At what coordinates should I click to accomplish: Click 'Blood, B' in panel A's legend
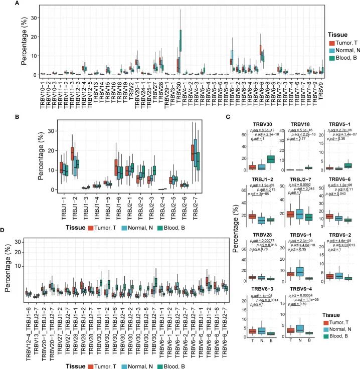pos(338,58)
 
